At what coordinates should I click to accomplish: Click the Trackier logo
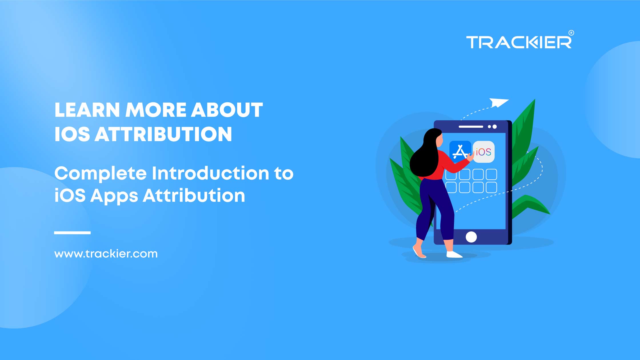(x=519, y=42)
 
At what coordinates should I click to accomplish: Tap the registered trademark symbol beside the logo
(x=571, y=33)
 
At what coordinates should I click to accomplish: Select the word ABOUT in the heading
(x=227, y=110)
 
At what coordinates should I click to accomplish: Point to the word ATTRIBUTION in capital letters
(x=163, y=134)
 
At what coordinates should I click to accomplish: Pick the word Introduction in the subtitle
(x=211, y=173)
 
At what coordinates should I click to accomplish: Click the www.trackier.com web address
(x=106, y=254)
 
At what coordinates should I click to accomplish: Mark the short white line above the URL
(x=72, y=233)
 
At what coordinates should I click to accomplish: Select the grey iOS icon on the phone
(x=484, y=152)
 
